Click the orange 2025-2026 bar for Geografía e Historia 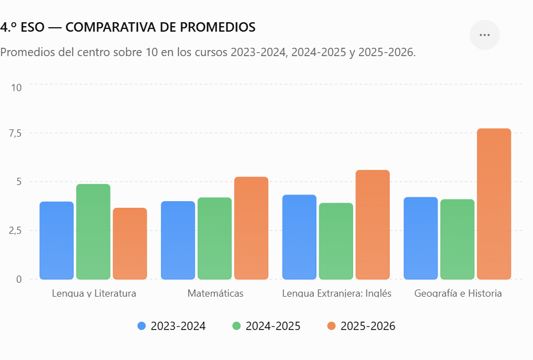[x=494, y=204]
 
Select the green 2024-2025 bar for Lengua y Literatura [x=93, y=232]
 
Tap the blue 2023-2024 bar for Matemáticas [x=178, y=240]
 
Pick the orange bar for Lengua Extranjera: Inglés [x=373, y=224]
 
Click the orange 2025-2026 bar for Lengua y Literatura [x=130, y=244]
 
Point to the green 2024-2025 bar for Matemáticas [x=214, y=238]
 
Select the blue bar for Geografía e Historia [x=420, y=238]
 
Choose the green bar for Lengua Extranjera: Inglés [x=336, y=241]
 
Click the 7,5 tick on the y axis [x=16, y=133]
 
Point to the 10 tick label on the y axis [x=16, y=88]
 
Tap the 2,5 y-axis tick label [x=16, y=231]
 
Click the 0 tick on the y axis [x=19, y=279]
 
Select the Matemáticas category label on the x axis [x=215, y=293]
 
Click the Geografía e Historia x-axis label [x=458, y=293]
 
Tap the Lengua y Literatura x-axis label [x=94, y=293]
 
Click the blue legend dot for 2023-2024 [x=142, y=326]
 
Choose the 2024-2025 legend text [x=273, y=326]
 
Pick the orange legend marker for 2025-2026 [x=331, y=326]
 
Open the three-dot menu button [x=484, y=35]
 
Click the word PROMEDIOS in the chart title [x=218, y=27]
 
